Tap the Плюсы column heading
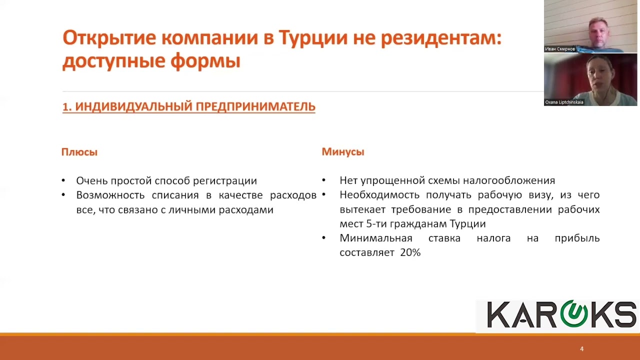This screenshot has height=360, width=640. tap(79, 152)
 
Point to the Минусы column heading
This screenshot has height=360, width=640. tap(343, 152)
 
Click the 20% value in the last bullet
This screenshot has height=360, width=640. tap(410, 253)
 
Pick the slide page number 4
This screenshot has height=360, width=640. tap(581, 349)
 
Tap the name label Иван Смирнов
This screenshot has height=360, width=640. tap(559, 49)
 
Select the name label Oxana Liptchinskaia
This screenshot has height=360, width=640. tap(564, 102)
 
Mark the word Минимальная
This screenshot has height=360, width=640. tap(376, 238)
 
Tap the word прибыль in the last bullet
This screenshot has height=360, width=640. tap(577, 238)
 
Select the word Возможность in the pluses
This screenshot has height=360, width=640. tap(109, 195)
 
